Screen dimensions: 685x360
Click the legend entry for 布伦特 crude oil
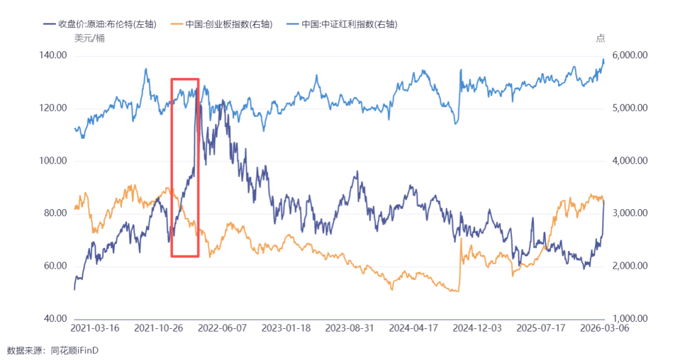(x=100, y=24)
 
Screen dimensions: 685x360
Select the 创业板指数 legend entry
(x=222, y=24)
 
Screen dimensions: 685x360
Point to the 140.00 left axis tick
(x=53, y=55)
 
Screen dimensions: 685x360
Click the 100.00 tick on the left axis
(x=53, y=160)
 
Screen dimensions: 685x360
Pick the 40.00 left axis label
(x=55, y=319)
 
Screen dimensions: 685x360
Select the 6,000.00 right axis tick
(x=630, y=55)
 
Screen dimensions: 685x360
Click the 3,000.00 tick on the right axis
(x=630, y=213)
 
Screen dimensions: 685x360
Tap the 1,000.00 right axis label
(x=630, y=319)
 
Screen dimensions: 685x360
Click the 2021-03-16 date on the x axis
(x=95, y=328)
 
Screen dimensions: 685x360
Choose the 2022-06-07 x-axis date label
(x=223, y=328)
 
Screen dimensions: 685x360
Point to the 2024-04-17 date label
(x=414, y=328)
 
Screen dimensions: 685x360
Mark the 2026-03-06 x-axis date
(x=604, y=328)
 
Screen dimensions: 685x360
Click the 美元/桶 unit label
(x=89, y=39)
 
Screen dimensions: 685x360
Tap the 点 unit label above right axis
(x=601, y=39)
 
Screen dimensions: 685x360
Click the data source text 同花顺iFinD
(x=75, y=350)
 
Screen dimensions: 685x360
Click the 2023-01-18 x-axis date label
(x=286, y=328)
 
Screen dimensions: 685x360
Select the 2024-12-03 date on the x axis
(x=477, y=328)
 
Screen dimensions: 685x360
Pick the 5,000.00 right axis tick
(x=630, y=108)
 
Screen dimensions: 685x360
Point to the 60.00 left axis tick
(x=55, y=266)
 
